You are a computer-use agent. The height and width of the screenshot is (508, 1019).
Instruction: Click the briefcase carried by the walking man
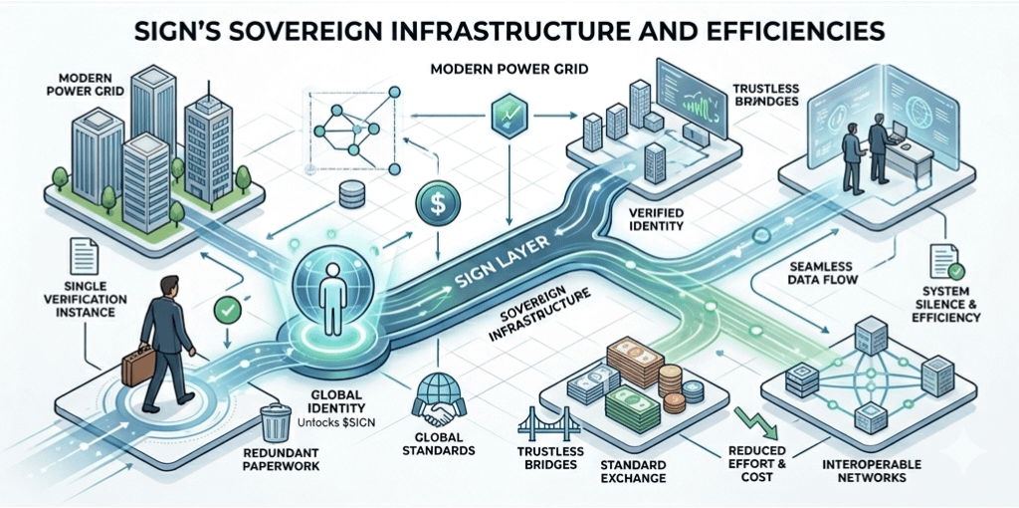135,365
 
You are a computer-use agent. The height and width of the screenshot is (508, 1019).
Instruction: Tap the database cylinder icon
350,194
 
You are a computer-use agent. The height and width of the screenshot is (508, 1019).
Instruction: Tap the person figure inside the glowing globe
334,290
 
